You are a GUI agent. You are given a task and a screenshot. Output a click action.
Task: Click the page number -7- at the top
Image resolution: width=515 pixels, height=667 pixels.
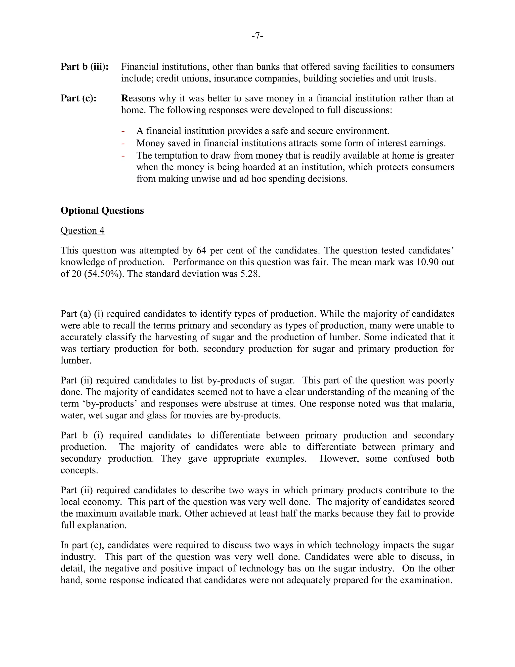coord(257,36)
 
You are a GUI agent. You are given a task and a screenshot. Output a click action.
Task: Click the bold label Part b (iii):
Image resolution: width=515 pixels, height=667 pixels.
coord(84,67)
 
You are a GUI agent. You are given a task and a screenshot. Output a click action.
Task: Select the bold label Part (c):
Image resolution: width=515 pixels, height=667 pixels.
coord(78,98)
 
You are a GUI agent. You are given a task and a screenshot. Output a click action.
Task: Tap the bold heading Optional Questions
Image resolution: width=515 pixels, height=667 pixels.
coord(102,211)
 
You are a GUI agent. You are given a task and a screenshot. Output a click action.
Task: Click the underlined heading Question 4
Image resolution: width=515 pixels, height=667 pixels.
coord(82,231)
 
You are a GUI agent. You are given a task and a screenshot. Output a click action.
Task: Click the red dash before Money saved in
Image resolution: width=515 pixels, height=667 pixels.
coord(123,143)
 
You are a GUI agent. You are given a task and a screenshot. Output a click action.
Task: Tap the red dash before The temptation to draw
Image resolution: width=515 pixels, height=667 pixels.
coord(123,156)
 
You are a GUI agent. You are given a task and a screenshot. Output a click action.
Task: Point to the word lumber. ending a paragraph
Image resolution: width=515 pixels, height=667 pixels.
coord(76,361)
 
